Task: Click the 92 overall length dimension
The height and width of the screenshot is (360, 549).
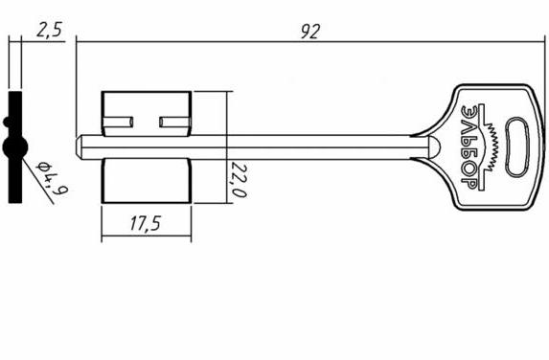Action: click(x=310, y=33)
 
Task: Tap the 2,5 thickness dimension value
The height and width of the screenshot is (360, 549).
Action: click(x=50, y=30)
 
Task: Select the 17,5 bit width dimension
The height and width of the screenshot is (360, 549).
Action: click(x=146, y=223)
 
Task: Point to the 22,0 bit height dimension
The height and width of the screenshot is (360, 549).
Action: click(x=238, y=180)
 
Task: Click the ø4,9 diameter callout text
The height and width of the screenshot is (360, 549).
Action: click(x=53, y=178)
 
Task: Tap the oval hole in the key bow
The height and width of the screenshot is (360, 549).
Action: click(x=517, y=146)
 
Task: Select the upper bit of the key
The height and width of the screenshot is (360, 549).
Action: click(x=147, y=113)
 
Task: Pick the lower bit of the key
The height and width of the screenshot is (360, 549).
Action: click(x=147, y=181)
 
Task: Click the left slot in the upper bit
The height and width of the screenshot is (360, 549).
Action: click(x=118, y=123)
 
